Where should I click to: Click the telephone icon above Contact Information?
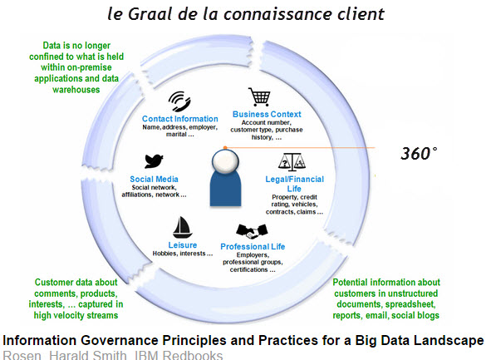click(179, 101)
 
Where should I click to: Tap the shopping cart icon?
click(259, 96)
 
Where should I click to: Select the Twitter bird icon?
click(154, 161)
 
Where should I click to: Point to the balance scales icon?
click(292, 162)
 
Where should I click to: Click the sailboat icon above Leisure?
click(182, 228)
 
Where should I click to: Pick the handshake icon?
click(252, 231)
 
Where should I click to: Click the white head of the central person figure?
click(225, 161)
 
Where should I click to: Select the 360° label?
click(419, 154)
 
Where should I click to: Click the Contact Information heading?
click(180, 119)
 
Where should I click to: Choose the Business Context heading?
click(267, 115)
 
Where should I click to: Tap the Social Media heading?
click(154, 180)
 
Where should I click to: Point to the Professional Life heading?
click(253, 247)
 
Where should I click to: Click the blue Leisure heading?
click(183, 245)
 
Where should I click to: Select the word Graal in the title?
click(150, 14)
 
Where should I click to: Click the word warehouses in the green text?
click(76, 90)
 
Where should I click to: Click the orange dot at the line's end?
click(225, 147)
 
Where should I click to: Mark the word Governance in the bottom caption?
click(120, 340)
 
